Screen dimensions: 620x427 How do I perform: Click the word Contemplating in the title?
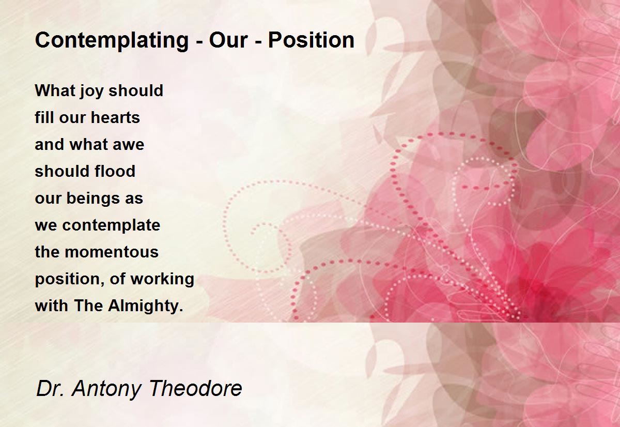coord(112,41)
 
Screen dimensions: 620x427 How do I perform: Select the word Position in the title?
coord(311,40)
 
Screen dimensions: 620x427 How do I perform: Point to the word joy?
coord(88,91)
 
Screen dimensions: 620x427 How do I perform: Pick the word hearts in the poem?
coord(115,117)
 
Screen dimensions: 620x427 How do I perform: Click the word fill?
coord(44,117)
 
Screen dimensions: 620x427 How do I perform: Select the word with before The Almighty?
coord(52,306)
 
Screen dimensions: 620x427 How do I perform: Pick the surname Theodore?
coord(196,388)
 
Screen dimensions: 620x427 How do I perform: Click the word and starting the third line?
coord(50,144)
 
